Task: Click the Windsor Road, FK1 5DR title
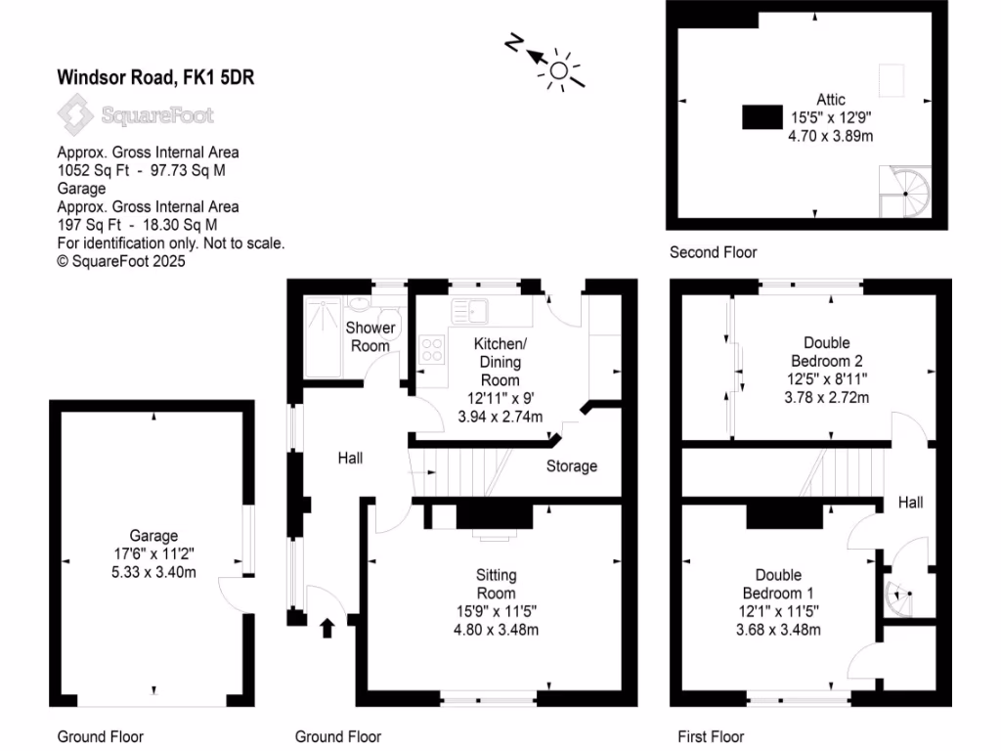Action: (155, 76)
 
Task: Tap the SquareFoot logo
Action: (135, 116)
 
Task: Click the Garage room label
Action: (153, 535)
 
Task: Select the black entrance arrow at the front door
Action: (326, 627)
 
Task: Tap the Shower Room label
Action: (370, 336)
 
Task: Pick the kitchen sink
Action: (471, 310)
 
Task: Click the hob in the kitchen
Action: (431, 348)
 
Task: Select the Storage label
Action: (571, 466)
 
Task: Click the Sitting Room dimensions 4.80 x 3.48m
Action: (496, 630)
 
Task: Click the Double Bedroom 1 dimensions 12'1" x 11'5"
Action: (778, 611)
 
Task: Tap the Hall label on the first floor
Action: (910, 502)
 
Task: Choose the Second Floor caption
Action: (713, 252)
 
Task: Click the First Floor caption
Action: (711, 736)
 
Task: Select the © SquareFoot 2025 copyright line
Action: (121, 262)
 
